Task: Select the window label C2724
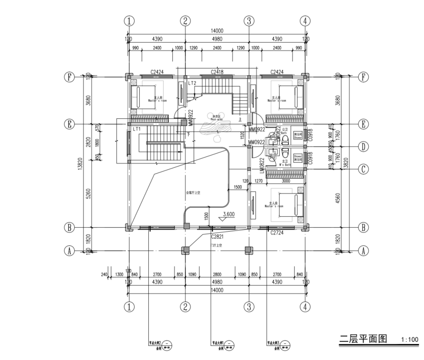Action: click(x=277, y=232)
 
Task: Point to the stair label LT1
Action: click(x=136, y=129)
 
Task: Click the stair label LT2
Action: click(x=192, y=83)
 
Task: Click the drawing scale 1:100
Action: click(x=410, y=339)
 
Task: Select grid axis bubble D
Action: click(x=362, y=146)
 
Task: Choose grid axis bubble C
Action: click(x=362, y=169)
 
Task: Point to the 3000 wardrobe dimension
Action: click(x=286, y=180)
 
